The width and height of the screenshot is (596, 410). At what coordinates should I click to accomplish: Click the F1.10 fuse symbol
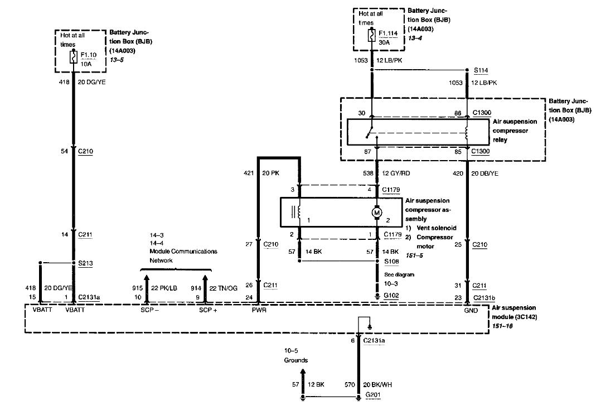click(73, 57)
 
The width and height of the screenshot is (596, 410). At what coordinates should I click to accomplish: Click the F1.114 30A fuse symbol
click(372, 35)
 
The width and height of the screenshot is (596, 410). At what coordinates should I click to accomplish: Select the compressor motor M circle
click(377, 213)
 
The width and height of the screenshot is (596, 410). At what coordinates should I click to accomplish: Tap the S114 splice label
click(481, 70)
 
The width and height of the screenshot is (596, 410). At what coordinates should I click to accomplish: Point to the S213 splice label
click(85, 263)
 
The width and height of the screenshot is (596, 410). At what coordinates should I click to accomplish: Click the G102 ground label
click(391, 295)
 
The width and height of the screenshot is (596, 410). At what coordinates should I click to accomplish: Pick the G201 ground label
click(373, 395)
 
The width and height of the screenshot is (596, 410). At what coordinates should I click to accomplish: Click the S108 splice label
click(391, 261)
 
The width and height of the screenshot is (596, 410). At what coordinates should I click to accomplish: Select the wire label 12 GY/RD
click(396, 173)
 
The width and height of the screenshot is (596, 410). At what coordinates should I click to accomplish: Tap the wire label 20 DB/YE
click(484, 173)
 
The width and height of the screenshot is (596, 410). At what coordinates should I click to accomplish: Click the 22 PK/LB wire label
click(164, 288)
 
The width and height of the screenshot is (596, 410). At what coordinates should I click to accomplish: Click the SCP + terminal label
click(209, 310)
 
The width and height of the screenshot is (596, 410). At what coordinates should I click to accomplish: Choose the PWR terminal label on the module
click(259, 310)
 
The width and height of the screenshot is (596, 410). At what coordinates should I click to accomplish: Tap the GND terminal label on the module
click(471, 310)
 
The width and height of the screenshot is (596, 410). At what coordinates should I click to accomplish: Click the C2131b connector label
click(484, 298)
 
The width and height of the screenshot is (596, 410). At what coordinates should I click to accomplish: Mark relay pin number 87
click(367, 151)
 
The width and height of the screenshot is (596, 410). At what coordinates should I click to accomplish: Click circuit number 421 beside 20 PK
click(249, 173)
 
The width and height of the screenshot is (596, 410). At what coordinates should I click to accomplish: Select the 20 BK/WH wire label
click(377, 384)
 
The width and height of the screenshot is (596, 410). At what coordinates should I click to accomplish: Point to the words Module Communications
click(183, 252)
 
